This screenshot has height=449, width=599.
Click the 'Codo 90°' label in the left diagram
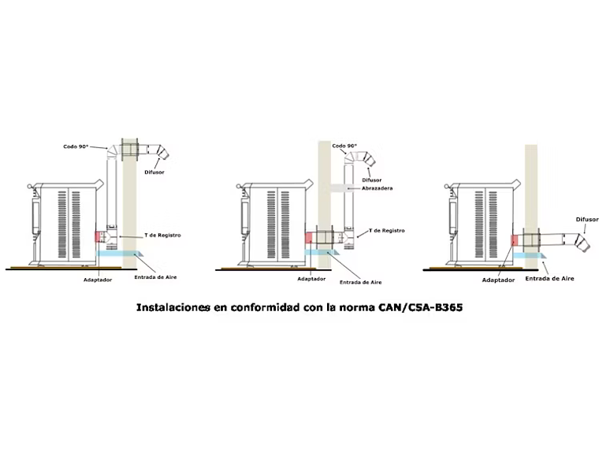76,147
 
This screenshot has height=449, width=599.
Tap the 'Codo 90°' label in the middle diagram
344,146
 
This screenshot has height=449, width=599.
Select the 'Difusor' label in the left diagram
154,171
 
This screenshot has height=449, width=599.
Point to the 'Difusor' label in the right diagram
587,220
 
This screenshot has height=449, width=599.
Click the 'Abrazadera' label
377,188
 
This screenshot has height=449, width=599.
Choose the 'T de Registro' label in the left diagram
163,235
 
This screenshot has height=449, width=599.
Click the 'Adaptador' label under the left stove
98,279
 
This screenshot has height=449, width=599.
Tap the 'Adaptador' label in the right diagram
498,279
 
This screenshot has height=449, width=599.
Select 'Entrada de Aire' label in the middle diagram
360,281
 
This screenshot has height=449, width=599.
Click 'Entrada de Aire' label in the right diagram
549,278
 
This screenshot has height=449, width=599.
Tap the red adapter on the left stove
98,236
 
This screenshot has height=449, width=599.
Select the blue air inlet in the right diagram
529,256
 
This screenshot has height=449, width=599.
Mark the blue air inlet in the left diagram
118,254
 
